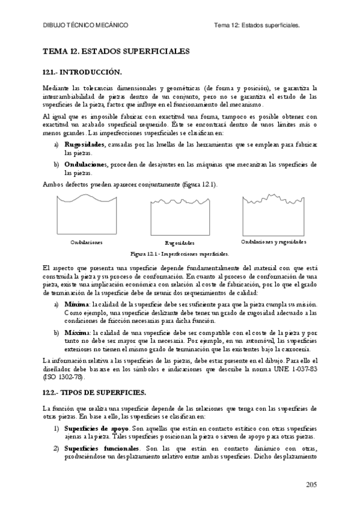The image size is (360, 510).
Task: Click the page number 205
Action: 310,484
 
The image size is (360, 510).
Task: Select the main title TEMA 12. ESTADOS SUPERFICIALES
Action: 116,51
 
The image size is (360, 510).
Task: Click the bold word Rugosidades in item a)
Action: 85,144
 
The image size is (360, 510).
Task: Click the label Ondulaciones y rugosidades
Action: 273,242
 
